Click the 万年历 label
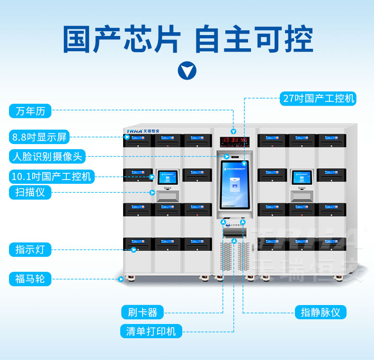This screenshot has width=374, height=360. point(30,111)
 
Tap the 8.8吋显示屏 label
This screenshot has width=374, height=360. point(39,137)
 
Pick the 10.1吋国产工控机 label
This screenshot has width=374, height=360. point(51,177)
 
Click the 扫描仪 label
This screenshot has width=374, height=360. point(30,192)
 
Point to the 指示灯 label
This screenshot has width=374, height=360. point(30,249)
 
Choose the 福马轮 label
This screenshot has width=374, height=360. point(30,279)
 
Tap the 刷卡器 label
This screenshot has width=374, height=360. point(142,312)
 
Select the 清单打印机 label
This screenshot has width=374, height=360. point(151,331)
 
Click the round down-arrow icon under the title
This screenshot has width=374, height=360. point(187,71)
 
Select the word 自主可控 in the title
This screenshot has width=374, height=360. point(254,40)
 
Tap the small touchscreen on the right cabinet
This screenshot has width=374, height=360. point(301,177)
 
